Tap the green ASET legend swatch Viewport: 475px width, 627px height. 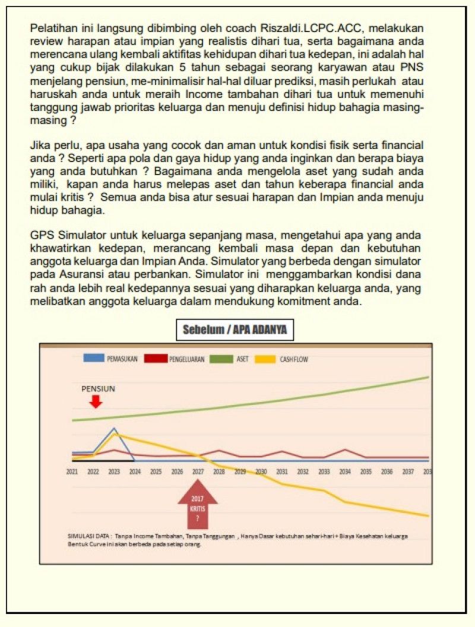click(x=222, y=359)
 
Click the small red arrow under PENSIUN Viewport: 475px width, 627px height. click(x=96, y=402)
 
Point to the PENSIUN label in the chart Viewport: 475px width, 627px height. click(x=98, y=389)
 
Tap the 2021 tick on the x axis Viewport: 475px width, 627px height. click(x=72, y=471)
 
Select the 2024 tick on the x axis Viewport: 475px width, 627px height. click(x=135, y=471)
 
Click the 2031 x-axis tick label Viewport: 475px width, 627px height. click(x=282, y=471)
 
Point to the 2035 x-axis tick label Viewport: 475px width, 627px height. click(x=366, y=471)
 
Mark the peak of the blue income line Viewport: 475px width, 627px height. click(x=115, y=428)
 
